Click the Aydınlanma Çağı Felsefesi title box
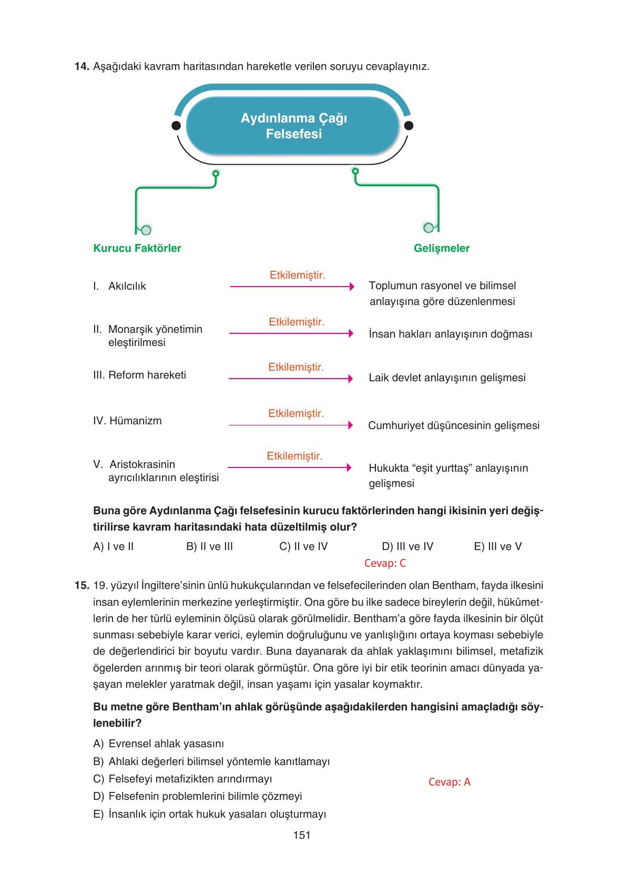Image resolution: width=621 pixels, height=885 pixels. pos(293,126)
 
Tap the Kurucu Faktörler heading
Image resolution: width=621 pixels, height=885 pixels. pos(137,248)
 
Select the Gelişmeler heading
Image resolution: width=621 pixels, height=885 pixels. pos(441,248)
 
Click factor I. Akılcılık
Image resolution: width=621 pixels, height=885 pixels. pos(120,286)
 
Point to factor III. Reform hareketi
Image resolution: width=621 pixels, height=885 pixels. pos(139,375)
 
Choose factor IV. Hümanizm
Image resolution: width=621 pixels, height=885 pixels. pos(127,421)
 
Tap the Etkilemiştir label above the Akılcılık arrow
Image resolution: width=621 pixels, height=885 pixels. pos(297,275)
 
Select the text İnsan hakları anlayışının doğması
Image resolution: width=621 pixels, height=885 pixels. pos(450,334)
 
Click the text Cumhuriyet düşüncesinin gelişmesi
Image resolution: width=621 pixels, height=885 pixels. pos(453,425)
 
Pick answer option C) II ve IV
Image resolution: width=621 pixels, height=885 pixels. pos(303,546)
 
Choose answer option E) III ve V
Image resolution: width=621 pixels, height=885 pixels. pos(497,546)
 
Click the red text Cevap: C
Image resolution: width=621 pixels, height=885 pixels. pos(385,563)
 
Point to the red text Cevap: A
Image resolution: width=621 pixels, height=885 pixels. pos(449,782)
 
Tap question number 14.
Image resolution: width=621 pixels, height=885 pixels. pos(82,67)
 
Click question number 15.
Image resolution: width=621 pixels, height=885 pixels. pos(82,585)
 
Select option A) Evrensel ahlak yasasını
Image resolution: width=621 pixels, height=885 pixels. pos(158,744)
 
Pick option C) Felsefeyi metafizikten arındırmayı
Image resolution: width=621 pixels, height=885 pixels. pos(182,779)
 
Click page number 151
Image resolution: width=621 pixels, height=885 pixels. pos(302,835)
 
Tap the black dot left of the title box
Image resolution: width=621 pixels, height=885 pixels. pos(177,126)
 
